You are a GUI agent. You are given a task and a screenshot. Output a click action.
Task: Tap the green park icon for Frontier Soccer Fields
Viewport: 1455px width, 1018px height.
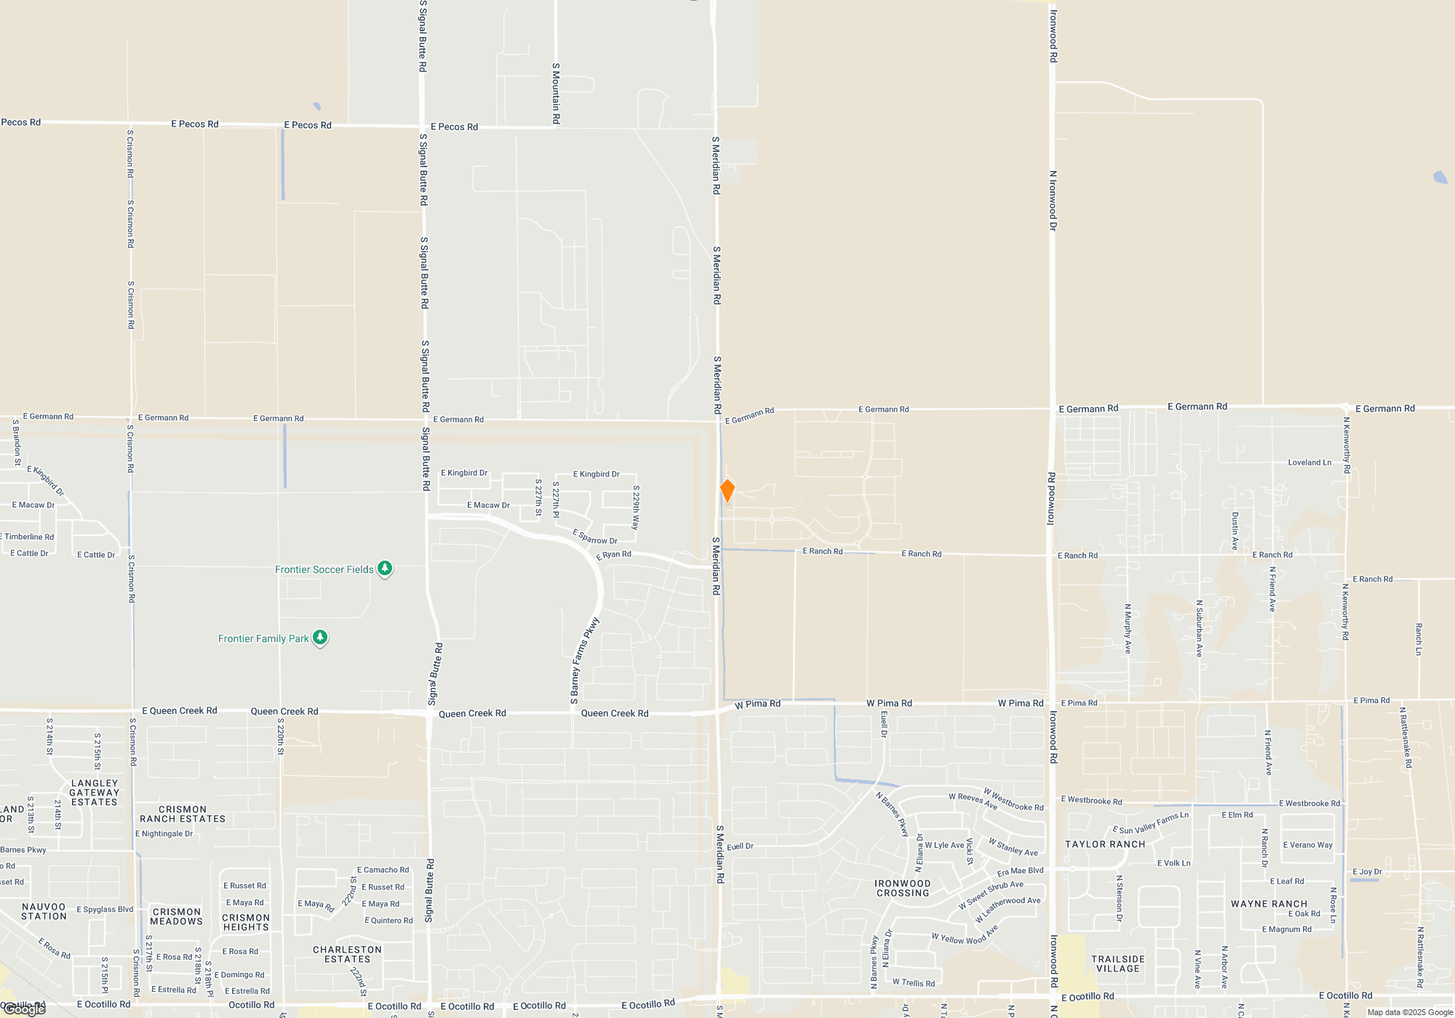pos(385,569)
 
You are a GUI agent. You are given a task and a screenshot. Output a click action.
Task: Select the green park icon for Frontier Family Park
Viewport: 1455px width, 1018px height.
pos(320,638)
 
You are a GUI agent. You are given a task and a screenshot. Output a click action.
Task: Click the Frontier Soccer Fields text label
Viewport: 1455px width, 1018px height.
pos(324,569)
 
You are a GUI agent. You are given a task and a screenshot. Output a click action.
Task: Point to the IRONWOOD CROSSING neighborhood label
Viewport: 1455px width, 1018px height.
pos(903,888)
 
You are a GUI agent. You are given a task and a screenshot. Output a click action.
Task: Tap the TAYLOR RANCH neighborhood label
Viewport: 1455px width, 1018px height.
pos(1104,844)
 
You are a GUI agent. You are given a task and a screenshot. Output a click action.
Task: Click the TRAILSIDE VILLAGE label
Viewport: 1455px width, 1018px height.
pos(1118,963)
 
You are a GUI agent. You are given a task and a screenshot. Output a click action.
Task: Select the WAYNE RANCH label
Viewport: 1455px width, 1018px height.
pos(1269,904)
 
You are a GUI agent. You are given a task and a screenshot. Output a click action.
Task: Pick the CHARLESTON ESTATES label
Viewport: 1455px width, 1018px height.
pos(347,954)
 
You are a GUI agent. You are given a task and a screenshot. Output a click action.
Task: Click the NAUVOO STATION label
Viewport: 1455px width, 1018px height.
pos(44,911)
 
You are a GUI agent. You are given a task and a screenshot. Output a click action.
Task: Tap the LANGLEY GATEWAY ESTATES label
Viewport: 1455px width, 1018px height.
pos(95,793)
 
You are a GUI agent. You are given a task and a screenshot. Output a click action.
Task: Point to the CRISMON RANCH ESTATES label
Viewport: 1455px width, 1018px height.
pos(183,814)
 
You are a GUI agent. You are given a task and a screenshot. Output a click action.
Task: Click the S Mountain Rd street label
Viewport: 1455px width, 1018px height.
pos(556,93)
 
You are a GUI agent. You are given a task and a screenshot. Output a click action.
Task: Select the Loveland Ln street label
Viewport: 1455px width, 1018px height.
pos(1309,462)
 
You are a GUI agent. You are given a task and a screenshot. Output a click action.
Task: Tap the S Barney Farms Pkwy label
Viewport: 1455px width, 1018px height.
pos(584,661)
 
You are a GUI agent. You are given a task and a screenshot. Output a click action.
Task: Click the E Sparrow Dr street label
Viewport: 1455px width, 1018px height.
pos(594,537)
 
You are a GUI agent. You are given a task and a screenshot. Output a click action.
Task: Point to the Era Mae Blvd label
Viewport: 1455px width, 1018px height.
pos(1020,871)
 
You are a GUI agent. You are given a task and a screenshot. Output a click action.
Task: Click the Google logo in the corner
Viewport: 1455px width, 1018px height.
pos(25,1009)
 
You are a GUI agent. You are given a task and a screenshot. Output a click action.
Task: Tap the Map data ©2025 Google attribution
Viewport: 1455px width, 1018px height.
pos(1410,1012)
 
